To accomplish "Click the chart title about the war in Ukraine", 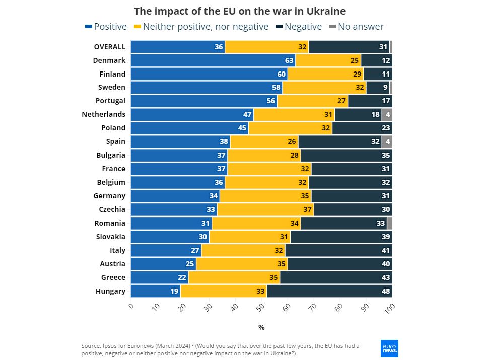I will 240,11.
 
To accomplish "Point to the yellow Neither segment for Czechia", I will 265,209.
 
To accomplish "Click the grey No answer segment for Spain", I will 387,141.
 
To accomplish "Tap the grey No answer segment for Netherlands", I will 387,114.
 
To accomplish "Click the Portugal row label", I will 110,101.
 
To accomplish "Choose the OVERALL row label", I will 109,47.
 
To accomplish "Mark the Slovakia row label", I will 111,237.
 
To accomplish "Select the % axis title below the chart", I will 261,327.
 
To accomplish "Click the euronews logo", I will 389,348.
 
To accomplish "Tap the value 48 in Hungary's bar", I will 385,291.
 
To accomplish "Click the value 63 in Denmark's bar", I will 289,60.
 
